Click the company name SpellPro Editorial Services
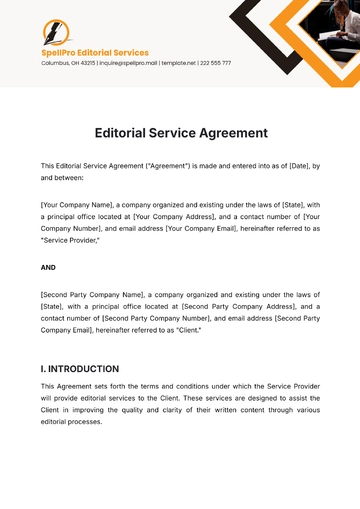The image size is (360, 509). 94,52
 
